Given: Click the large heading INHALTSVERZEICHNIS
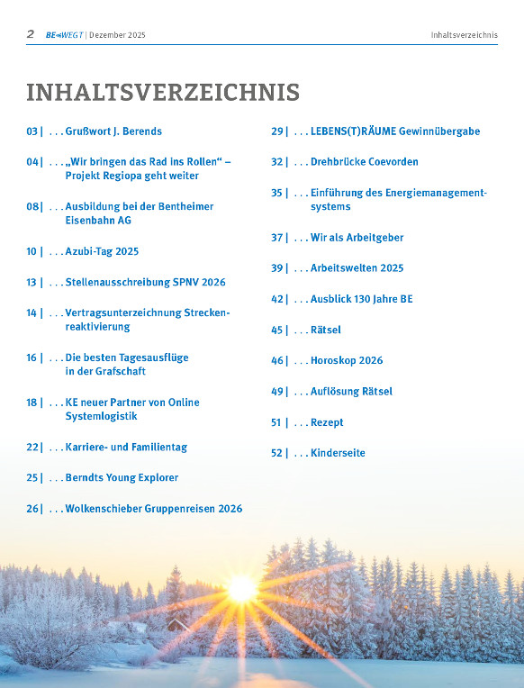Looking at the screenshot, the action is (163, 93).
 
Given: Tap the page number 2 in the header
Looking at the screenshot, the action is (31, 34).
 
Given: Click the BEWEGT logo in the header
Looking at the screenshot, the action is (64, 35).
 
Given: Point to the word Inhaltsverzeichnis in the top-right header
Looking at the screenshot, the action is (464, 35).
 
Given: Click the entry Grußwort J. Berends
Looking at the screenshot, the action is (113, 131).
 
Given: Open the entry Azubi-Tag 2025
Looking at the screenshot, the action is (102, 252).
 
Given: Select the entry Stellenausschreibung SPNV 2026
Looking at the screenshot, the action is (145, 283).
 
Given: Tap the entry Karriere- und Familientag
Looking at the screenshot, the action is (126, 448).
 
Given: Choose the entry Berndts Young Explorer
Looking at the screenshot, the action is (122, 478).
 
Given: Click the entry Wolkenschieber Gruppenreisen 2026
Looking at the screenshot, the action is (153, 509).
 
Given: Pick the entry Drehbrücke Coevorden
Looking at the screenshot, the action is (364, 162).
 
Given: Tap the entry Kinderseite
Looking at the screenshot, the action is (338, 453).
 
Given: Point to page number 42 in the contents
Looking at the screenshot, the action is (277, 299).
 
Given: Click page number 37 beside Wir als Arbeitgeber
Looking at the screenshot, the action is (277, 238).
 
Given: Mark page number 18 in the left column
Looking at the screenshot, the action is (32, 403).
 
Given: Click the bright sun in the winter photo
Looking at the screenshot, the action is (241, 589).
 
